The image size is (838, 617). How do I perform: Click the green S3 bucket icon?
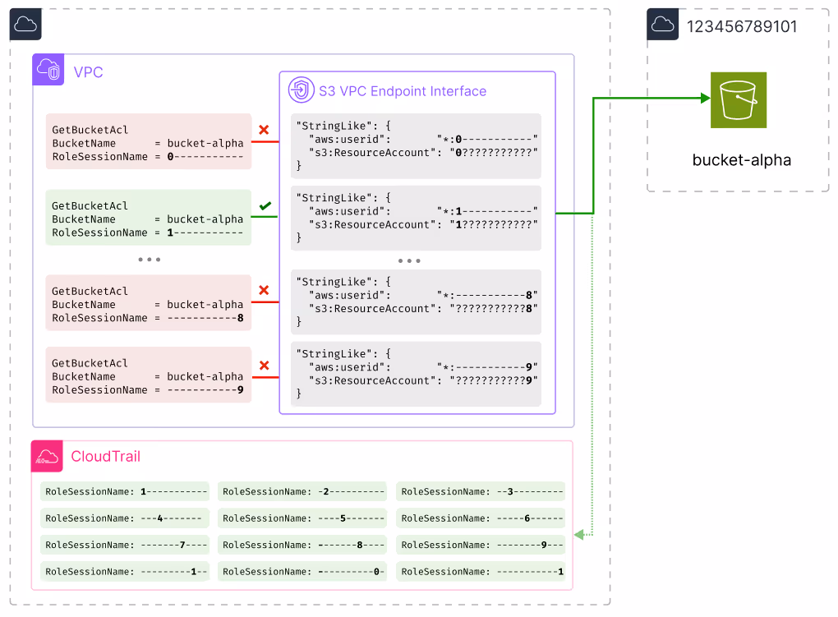click(738, 99)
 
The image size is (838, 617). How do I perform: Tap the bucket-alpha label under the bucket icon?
click(741, 160)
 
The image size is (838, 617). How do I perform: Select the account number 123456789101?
click(741, 26)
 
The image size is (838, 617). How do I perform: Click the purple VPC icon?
click(48, 71)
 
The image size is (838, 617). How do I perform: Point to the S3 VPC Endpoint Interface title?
click(403, 91)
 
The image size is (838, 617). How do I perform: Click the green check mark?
click(265, 205)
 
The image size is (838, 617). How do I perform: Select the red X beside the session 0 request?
click(264, 130)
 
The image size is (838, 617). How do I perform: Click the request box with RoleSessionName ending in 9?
click(148, 376)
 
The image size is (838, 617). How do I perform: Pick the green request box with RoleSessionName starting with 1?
click(148, 219)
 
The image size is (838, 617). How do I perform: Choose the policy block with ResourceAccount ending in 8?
click(416, 295)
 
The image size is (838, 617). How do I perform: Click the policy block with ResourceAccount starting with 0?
click(416, 145)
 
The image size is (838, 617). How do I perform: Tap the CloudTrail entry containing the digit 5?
click(302, 518)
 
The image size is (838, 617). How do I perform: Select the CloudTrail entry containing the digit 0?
click(302, 571)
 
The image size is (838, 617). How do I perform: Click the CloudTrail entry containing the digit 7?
click(124, 545)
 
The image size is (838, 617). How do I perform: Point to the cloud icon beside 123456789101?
click(662, 25)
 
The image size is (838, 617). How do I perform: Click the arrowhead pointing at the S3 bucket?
click(704, 99)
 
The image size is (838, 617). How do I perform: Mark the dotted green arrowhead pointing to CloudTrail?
click(578, 535)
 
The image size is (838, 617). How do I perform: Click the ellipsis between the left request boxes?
click(149, 260)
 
